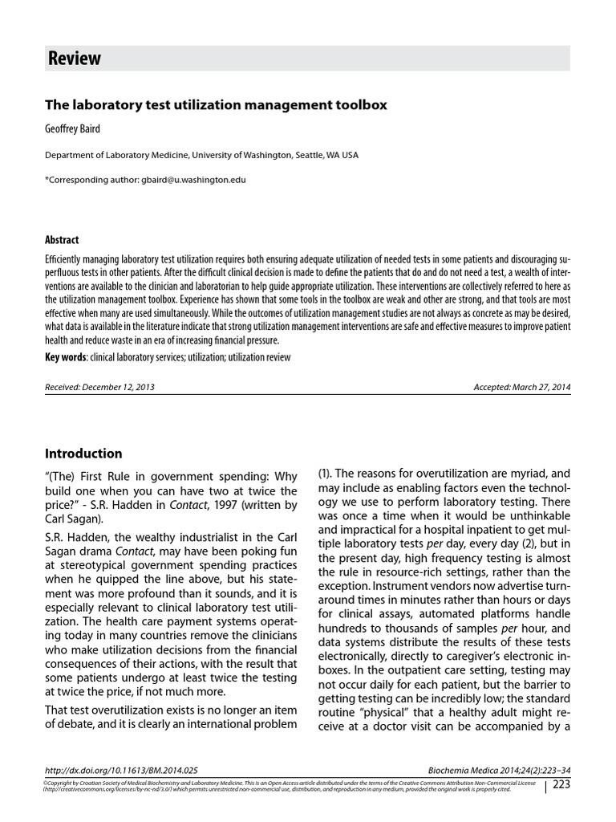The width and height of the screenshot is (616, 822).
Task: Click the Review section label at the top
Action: click(75, 59)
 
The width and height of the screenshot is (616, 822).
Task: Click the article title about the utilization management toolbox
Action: click(216, 105)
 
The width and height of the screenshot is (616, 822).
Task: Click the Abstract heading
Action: click(62, 240)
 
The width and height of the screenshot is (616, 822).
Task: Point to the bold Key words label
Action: click(66, 357)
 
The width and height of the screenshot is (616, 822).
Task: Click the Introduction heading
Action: click(83, 454)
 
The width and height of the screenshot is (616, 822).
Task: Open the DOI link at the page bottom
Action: click(121, 769)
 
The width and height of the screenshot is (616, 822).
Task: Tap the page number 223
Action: click(561, 784)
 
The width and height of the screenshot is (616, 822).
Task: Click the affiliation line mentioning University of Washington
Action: click(201, 155)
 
